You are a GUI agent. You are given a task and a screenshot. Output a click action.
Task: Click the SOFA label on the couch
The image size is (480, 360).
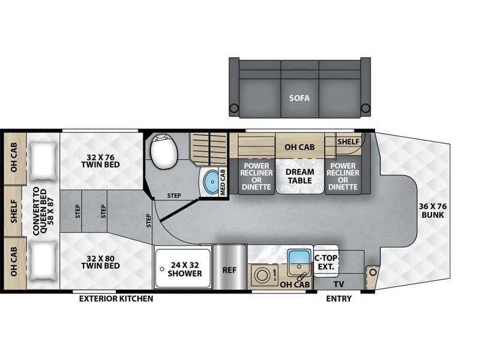pos(299,98)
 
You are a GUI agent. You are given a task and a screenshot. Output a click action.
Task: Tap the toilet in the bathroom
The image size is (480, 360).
pos(164,151)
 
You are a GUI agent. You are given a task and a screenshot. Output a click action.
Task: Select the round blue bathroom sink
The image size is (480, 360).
pos(212,182)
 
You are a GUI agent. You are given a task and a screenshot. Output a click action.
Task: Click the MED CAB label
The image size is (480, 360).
pos(223,182)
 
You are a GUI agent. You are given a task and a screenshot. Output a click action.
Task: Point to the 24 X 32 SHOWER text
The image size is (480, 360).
pos(185,269)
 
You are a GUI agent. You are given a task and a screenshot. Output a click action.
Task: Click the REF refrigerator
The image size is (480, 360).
pos(230,267)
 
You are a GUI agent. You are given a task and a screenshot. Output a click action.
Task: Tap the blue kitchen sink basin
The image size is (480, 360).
pos(298,257)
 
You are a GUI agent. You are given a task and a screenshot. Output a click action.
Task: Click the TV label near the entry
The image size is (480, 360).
pos(339,284)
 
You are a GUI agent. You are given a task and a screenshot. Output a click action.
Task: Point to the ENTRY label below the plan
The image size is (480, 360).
pos(338,298)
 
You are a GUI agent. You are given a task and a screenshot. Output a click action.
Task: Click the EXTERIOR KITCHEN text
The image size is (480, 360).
pos(116,298)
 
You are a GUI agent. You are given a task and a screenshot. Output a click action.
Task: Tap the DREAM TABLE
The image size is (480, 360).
pos(299,176)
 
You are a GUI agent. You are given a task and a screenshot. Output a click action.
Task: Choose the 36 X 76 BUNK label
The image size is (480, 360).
pos(433,211)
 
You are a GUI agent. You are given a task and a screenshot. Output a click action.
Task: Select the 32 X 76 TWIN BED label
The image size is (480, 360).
pos(100,161)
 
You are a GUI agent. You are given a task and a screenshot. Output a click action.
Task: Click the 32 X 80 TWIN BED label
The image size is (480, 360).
pos(100,262)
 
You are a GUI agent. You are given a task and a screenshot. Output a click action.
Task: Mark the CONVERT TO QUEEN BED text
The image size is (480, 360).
pos(44,211)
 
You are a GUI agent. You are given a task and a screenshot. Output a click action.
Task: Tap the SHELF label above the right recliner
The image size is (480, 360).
pos(349,142)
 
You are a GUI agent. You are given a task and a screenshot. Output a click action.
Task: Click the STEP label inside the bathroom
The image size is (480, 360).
pos(174,196)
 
